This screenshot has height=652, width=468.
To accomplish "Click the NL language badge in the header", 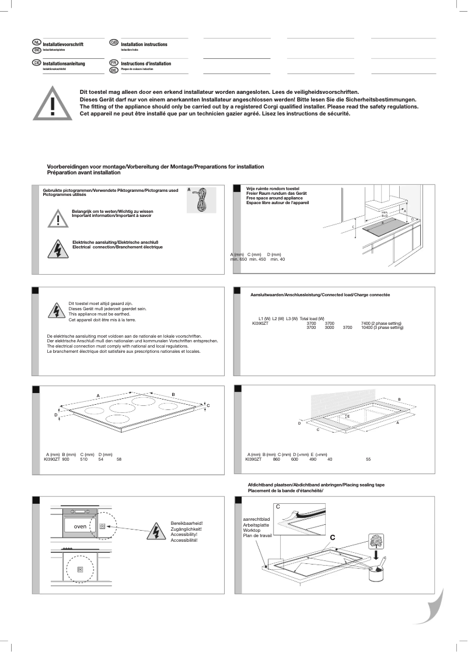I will (x=37, y=43).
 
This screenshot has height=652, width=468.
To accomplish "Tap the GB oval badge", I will (x=114, y=43).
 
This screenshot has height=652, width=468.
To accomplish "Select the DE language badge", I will (x=37, y=62).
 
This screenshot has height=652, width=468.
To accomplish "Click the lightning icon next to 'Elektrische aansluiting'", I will (x=58, y=248).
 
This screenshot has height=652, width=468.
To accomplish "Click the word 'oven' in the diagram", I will (x=80, y=526).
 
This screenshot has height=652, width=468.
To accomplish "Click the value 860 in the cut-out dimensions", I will (x=276, y=460).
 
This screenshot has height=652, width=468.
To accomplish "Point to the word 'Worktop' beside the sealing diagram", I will (x=251, y=530).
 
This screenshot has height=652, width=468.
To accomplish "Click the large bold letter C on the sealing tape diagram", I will (x=332, y=537).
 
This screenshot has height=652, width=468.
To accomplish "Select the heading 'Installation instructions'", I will (x=144, y=44).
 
